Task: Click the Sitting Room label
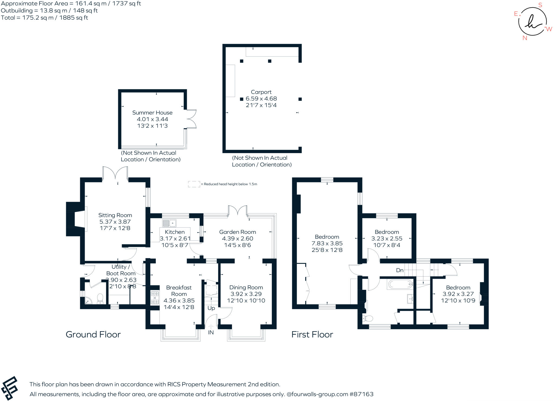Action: tap(115, 215)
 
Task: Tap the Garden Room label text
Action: tap(238, 232)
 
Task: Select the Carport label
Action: tap(261, 92)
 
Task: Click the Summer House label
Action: tap(152, 113)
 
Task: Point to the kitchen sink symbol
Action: tap(169, 223)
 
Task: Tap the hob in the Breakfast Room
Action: tap(154, 298)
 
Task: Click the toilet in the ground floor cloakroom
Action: tap(100, 298)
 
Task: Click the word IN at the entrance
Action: tap(211, 333)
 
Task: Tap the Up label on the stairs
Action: tap(211, 308)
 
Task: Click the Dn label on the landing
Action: tap(400, 270)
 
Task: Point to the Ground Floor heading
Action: tap(93, 334)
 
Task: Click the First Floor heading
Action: tap(312, 334)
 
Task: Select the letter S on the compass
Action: tap(540, 5)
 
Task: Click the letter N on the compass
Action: tap(525, 38)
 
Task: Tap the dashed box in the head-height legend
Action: tap(194, 184)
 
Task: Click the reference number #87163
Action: tap(361, 394)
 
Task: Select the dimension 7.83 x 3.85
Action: tap(327, 243)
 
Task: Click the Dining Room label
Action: tap(246, 287)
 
